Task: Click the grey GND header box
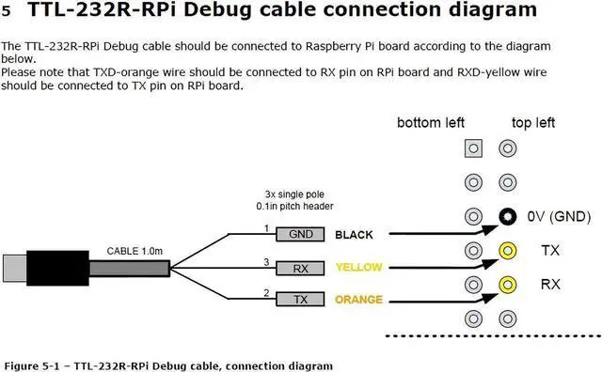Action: click(x=301, y=235)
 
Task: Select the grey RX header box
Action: click(x=301, y=268)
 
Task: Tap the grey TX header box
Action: click(x=301, y=301)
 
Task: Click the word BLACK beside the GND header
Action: click(x=355, y=235)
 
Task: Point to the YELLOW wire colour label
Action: click(x=358, y=268)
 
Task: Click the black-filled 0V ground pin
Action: click(x=509, y=217)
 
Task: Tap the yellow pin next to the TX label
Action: click(x=509, y=251)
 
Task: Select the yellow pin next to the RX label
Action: click(x=509, y=284)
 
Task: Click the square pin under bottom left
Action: click(x=474, y=148)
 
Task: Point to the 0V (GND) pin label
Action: click(x=559, y=218)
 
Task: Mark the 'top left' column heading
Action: click(x=533, y=123)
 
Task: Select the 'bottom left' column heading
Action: click(x=431, y=123)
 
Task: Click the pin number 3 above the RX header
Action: click(x=266, y=261)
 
